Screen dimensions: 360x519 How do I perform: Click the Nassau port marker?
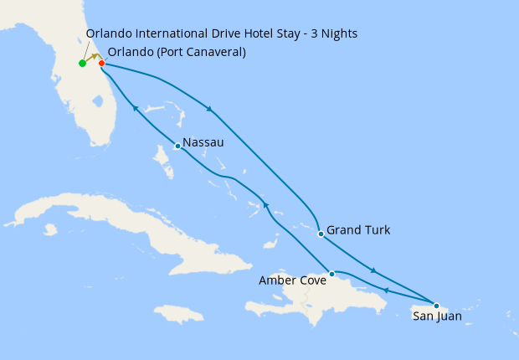coord(177,147)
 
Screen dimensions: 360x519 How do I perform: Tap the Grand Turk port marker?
coord(321,234)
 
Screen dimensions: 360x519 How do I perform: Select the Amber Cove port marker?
coord(332,274)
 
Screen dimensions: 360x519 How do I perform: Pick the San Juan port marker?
coord(436,306)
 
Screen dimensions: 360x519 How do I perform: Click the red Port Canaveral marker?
coord(101,63)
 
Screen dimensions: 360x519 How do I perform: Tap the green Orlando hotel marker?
coord(82,64)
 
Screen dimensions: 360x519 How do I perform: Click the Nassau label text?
coord(203,143)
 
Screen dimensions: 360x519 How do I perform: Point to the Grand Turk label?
coord(358,229)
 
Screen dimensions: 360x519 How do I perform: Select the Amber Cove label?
coord(293,280)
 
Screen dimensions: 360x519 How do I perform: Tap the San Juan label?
coord(437,316)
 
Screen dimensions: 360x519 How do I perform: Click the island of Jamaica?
coord(179,313)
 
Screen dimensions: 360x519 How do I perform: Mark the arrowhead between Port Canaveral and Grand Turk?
coord(209,109)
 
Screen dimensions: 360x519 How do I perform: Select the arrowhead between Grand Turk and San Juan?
coord(373,270)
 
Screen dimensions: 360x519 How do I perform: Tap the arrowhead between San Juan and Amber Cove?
coord(386,291)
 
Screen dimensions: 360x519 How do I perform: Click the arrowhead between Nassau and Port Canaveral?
coord(134,107)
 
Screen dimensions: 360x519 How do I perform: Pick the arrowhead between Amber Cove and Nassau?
coord(265,205)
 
